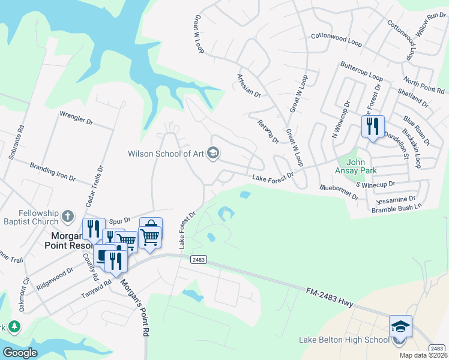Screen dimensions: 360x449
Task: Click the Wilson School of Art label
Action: tap(166, 154)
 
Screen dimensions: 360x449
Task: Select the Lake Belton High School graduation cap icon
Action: tap(400, 326)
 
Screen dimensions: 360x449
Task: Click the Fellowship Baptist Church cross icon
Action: tap(68, 215)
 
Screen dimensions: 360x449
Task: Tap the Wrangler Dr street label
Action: tap(77, 118)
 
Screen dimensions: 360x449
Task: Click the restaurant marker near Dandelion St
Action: tap(373, 126)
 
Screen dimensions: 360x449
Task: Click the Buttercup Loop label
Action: tap(361, 71)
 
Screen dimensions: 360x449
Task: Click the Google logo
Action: tap(20, 353)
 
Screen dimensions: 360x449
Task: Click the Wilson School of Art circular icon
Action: tap(212, 154)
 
